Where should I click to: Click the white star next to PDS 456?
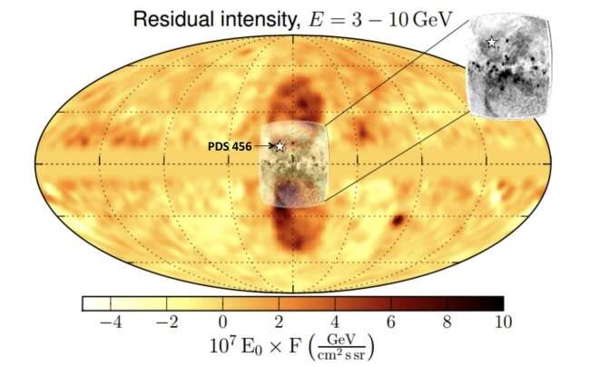280,145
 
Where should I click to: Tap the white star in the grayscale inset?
491,42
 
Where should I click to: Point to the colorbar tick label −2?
164,322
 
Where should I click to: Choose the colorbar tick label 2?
279,322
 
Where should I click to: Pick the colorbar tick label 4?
335,322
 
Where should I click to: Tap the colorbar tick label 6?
391,322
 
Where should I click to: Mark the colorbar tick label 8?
447,322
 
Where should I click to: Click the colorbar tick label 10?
502,322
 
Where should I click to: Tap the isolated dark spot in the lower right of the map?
398,220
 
